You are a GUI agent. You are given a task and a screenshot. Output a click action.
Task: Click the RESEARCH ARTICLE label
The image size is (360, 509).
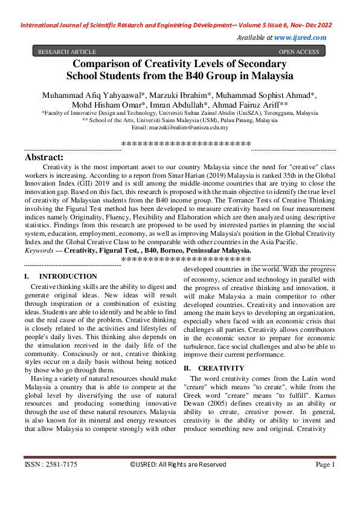click(67, 52)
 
